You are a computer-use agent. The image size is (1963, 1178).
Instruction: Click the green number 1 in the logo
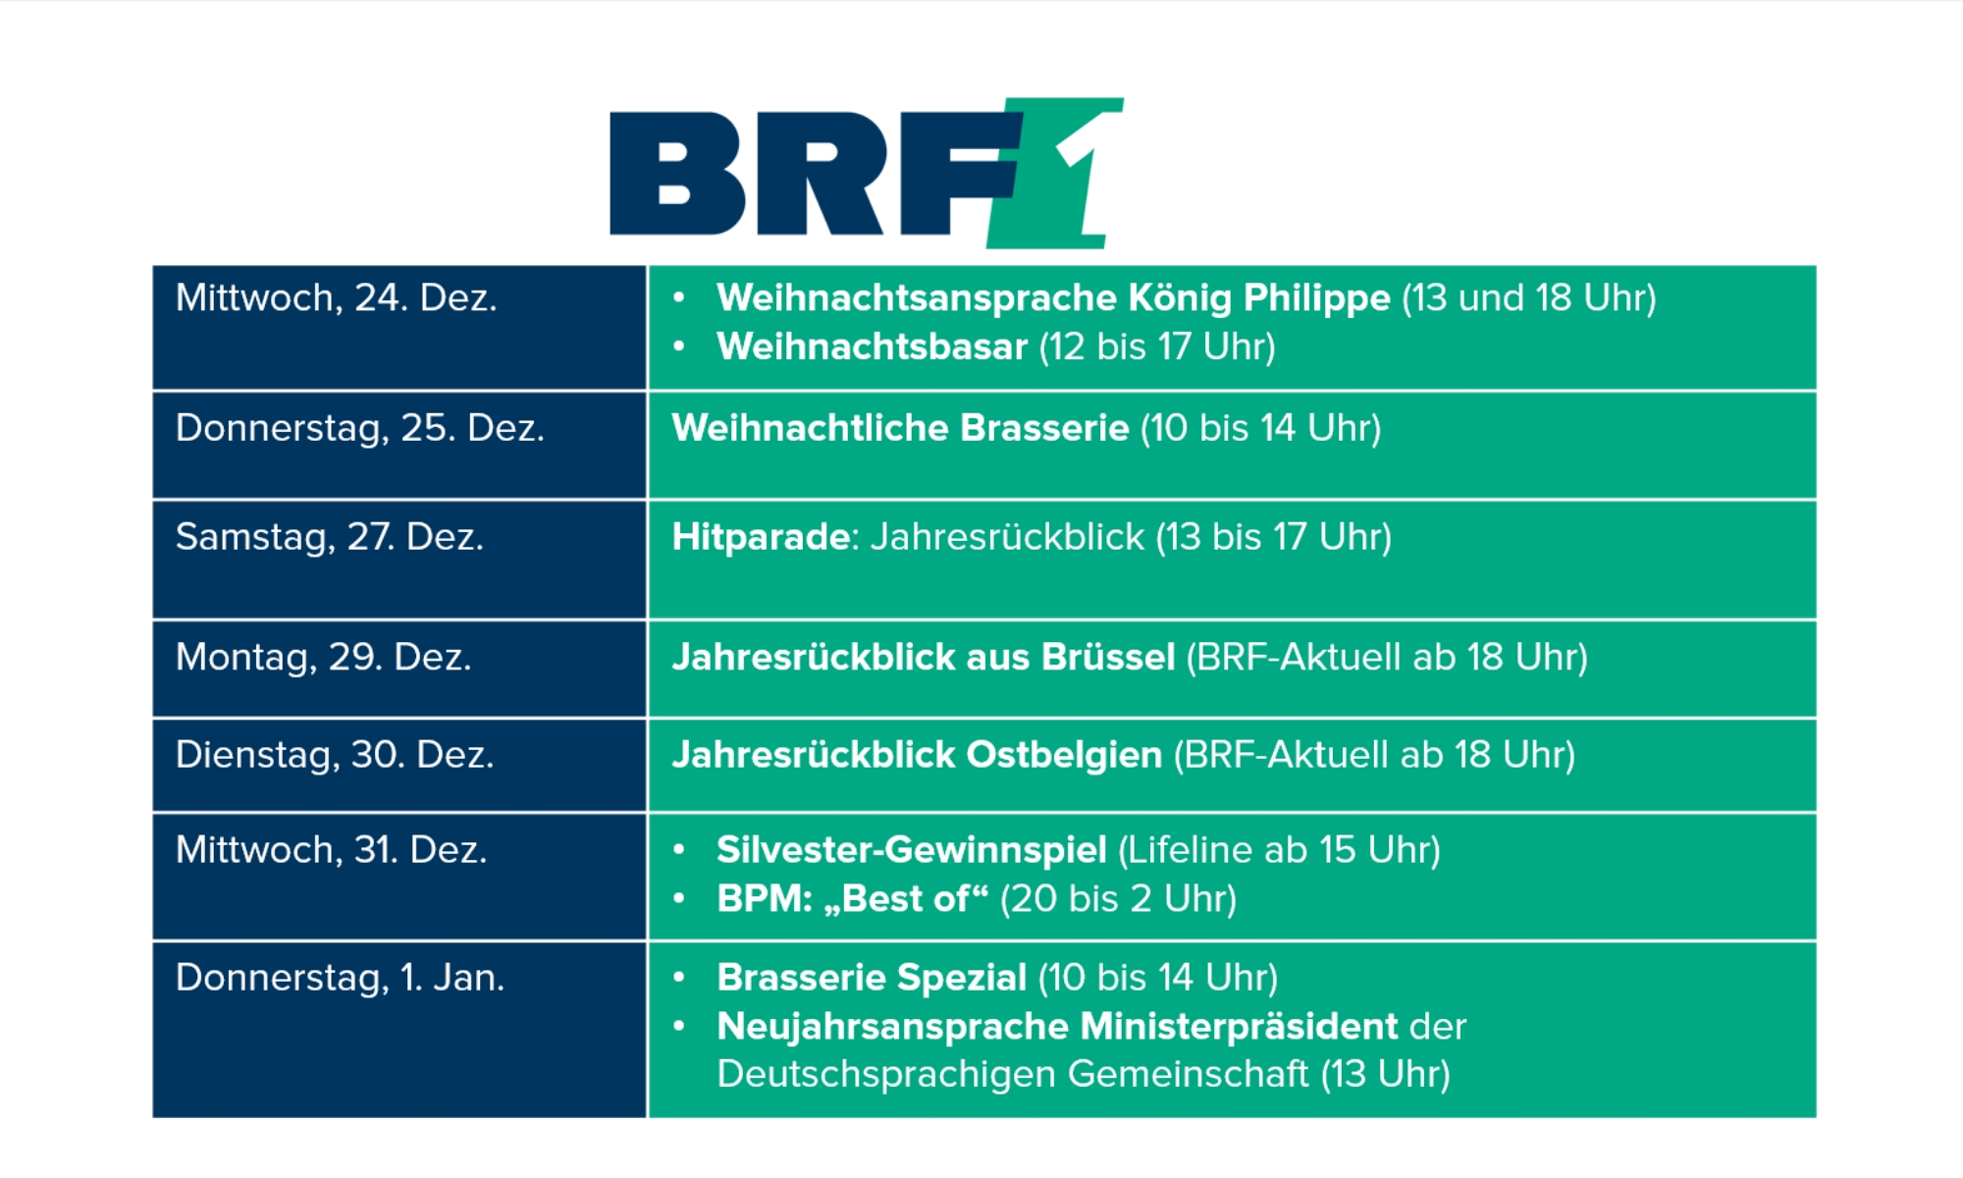pos(1065,173)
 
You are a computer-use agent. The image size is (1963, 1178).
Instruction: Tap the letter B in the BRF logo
pos(678,174)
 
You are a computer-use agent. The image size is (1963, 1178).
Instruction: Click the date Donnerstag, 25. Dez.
pos(360,428)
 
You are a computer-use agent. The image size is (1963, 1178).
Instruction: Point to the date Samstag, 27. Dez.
pos(330,537)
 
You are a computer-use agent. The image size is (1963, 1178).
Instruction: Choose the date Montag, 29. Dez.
pos(324,657)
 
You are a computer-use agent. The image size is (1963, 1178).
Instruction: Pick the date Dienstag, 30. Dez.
pos(335,754)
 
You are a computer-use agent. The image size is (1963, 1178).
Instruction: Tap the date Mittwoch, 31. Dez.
pos(332,849)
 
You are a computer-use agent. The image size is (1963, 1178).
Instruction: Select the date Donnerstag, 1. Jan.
pos(341,978)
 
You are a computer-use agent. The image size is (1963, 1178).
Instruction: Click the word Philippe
pos(1317,298)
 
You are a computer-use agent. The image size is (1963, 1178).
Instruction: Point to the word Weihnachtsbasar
pos(873,347)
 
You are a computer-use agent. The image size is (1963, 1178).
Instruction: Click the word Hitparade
pos(761,537)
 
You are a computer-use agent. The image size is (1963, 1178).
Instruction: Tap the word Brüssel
pos(1108,657)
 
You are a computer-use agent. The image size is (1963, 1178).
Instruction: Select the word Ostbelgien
pos(1065,755)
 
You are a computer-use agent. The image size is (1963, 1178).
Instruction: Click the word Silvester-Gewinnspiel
pos(912,850)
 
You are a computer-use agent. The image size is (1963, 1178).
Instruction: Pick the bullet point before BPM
pos(678,898)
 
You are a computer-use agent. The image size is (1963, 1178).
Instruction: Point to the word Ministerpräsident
pos(1240,1027)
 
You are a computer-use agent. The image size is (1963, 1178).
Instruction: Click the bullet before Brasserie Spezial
pos(678,977)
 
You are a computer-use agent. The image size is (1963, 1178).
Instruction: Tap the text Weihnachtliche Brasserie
pos(901,428)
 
